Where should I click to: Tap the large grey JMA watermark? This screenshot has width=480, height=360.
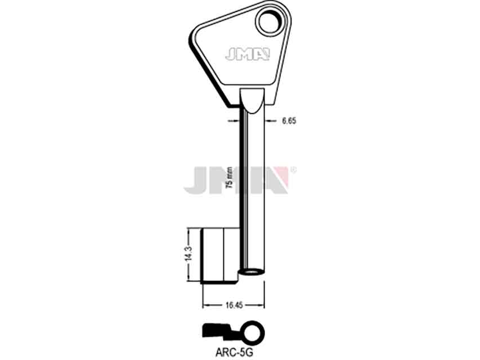tap(236, 180)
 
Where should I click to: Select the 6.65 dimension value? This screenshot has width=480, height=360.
tap(289, 121)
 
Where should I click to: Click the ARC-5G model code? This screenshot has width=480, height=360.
tap(234, 353)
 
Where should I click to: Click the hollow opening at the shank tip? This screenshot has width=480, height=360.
tap(252, 272)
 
